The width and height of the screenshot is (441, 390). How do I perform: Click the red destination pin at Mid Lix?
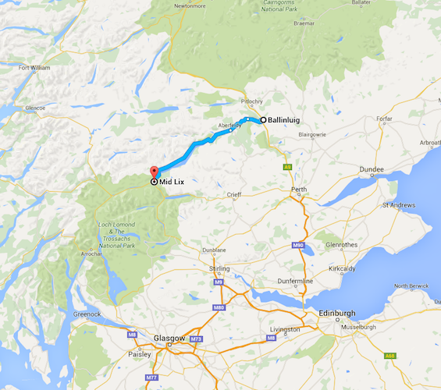coord(153,172)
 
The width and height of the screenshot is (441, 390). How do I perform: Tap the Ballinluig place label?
coord(285,120)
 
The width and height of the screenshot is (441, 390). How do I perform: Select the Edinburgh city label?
coord(337,313)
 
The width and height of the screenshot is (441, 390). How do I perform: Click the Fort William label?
coord(34,68)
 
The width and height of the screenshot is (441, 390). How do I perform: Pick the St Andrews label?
coord(397,206)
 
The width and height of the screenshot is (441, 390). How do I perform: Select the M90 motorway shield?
coord(298,246)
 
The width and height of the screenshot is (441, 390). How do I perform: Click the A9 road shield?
coord(287,167)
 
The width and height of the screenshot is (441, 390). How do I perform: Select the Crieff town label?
coord(234,194)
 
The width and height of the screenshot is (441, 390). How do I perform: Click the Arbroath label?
coord(428,143)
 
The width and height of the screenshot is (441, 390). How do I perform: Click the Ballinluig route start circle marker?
coord(263,119)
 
